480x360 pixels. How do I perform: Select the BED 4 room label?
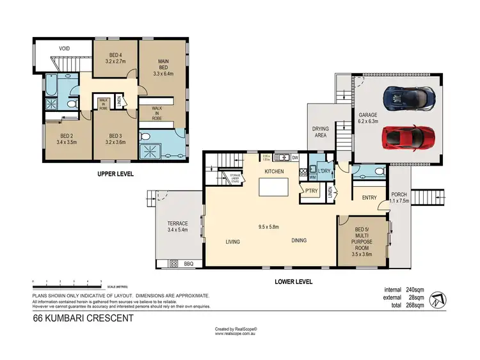tap(116, 58)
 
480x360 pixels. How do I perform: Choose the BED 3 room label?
tap(116, 139)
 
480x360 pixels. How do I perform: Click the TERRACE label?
tap(177, 226)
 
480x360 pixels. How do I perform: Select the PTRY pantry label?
tap(312, 191)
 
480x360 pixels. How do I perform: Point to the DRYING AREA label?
tap(319, 132)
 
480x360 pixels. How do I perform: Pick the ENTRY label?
tap(369, 198)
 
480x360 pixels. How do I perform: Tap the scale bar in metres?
tap(67, 283)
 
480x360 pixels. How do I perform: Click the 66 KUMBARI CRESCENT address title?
tap(83, 318)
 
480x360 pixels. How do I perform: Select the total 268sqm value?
tap(414, 306)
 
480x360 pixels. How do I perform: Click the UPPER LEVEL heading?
tap(115, 174)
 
